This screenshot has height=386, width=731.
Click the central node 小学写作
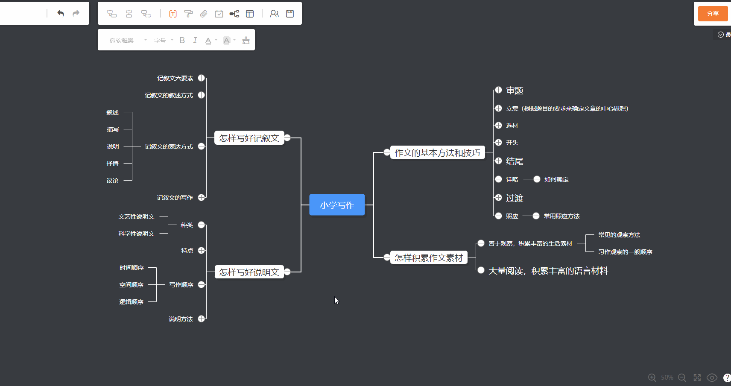pos(337,205)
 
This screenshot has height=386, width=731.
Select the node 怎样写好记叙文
pos(249,138)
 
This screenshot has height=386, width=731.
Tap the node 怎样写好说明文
pos(249,272)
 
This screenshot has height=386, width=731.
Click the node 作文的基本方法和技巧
pos(437,152)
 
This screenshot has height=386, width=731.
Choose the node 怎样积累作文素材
pos(429,257)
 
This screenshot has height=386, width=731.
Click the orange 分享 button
pos(713,14)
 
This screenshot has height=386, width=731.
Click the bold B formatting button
pos(182,40)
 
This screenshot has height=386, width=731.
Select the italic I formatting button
pos(195,40)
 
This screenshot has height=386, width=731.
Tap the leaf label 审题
pos(515,91)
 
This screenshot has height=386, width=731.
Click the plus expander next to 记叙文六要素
pos(202,78)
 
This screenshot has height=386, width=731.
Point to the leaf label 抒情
pos(113,164)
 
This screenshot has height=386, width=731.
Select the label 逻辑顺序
pos(131,302)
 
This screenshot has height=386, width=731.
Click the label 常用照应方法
pos(561,216)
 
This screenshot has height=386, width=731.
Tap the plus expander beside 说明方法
pos(202,319)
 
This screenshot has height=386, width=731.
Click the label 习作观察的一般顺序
pos(625,252)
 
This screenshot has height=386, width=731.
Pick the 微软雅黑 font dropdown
pos(127,41)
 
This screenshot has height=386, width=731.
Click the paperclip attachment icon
pos(204,14)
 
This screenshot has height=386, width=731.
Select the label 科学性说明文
pos(136,234)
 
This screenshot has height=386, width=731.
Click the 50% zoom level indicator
pos(667,377)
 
